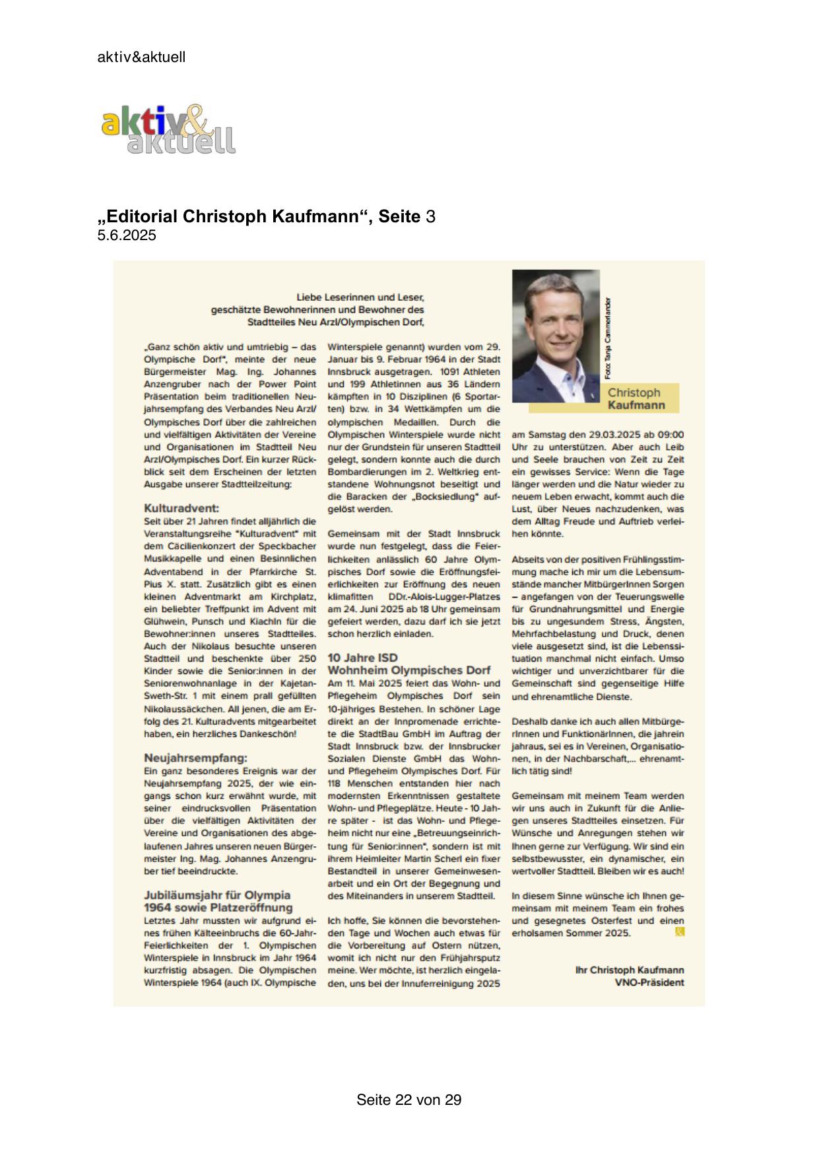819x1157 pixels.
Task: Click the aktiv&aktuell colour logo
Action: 168,130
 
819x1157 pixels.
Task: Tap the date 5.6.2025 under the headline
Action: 127,235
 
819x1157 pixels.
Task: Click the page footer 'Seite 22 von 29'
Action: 409,1100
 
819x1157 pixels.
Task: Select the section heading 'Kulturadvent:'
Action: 181,509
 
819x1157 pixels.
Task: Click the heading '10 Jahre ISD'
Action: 363,658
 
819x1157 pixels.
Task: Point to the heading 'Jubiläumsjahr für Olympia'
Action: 217,895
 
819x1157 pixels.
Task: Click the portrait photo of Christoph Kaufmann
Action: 556,336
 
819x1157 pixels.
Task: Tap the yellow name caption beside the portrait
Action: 636,398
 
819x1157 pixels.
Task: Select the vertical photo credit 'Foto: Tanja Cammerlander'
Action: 608,338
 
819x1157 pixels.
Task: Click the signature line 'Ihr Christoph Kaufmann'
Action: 630,970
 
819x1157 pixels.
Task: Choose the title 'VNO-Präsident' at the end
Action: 649,983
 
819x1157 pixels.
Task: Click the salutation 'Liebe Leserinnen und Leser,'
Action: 360,297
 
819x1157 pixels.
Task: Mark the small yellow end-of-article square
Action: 680,931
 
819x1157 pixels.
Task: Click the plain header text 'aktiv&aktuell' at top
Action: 141,57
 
